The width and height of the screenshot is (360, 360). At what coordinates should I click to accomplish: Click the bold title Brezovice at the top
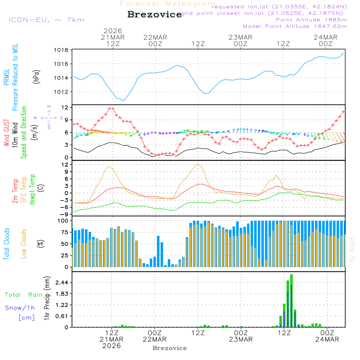(x=154, y=14)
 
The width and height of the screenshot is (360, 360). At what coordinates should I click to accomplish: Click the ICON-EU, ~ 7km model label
(x=46, y=19)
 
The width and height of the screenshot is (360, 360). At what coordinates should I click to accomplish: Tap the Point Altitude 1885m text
(x=311, y=19)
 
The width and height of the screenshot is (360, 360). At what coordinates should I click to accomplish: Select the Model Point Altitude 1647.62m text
(x=294, y=26)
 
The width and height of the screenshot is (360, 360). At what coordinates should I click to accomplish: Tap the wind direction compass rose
(x=49, y=118)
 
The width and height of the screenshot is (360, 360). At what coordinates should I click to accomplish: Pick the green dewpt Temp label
(x=33, y=189)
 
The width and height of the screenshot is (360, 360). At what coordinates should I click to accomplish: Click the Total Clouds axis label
(x=7, y=243)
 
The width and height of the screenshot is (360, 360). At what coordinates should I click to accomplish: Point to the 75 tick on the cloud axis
(x=63, y=232)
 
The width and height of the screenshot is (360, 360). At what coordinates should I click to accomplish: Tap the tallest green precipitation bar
(x=291, y=301)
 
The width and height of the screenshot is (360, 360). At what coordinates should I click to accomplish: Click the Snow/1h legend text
(x=20, y=307)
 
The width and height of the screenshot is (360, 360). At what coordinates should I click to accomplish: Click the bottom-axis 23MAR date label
(x=240, y=339)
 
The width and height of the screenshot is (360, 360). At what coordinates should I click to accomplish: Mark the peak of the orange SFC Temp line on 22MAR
(x=198, y=165)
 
